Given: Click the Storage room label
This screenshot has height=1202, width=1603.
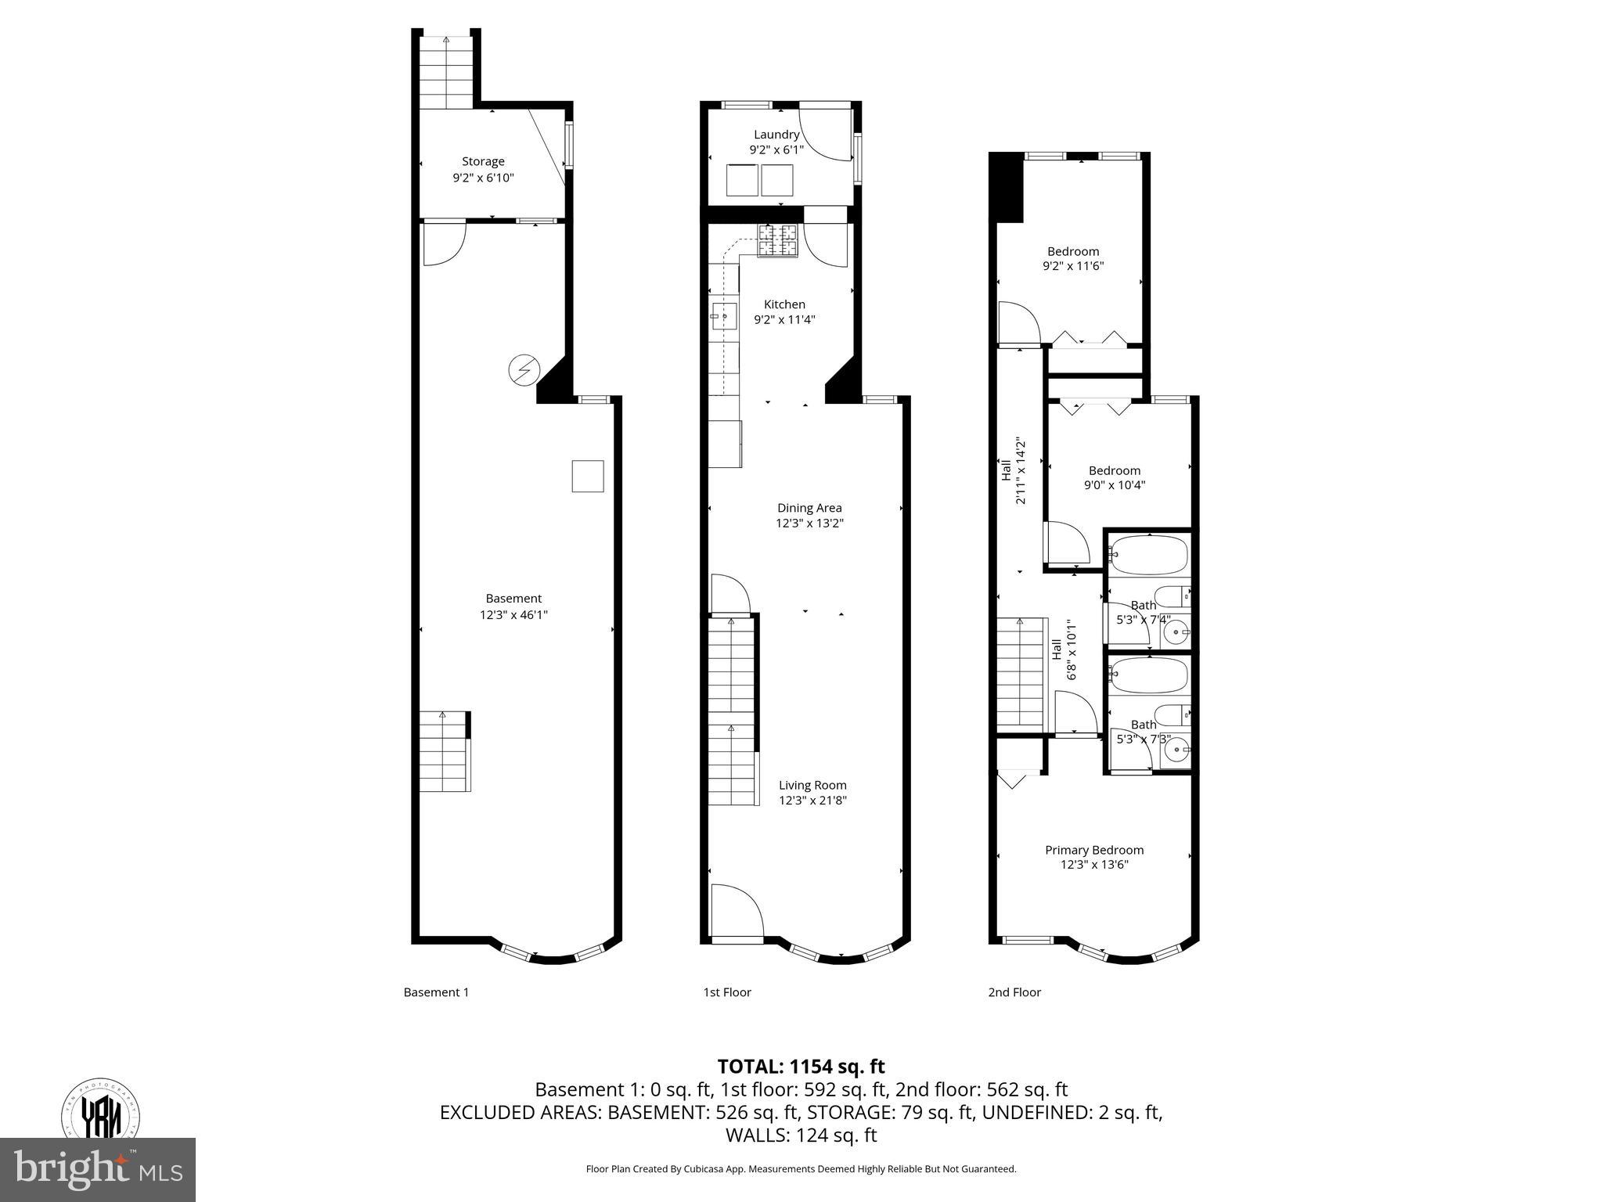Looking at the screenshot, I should pyautogui.click(x=483, y=162).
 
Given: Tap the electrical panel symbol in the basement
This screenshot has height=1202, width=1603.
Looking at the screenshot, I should pyautogui.click(x=524, y=369).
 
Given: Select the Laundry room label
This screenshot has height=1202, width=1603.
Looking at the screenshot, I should pyautogui.click(x=776, y=135).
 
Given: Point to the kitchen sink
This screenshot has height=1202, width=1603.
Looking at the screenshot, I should pyautogui.click(x=723, y=317).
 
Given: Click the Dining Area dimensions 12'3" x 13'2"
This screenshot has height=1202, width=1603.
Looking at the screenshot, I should pyautogui.click(x=809, y=524).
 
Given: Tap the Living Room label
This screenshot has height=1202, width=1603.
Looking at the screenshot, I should pyautogui.click(x=812, y=785).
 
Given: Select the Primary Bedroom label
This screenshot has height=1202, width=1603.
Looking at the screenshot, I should pyautogui.click(x=1094, y=850).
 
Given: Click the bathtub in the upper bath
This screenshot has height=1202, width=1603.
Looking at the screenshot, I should pyautogui.click(x=1149, y=556).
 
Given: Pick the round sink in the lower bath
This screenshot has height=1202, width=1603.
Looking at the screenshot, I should pyautogui.click(x=1175, y=750).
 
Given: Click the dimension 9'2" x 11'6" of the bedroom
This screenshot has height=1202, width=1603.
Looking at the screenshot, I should pyautogui.click(x=1073, y=266).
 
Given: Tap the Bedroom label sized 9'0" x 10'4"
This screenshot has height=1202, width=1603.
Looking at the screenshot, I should pyautogui.click(x=1115, y=470).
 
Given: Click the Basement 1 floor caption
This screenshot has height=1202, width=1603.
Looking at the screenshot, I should pyautogui.click(x=436, y=992).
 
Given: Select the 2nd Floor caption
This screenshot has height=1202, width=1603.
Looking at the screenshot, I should pyautogui.click(x=1014, y=992).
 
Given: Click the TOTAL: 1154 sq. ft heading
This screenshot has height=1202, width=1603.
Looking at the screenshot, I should pyautogui.click(x=801, y=1067).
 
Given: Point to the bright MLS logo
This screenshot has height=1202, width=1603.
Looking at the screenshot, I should pyautogui.click(x=98, y=1169).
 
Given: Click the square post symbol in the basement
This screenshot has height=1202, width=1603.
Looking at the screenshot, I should pyautogui.click(x=588, y=476).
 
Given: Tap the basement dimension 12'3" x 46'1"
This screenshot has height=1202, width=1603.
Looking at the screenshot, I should pyautogui.click(x=513, y=615).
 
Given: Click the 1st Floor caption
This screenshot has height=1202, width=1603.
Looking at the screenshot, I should pyautogui.click(x=726, y=992).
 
